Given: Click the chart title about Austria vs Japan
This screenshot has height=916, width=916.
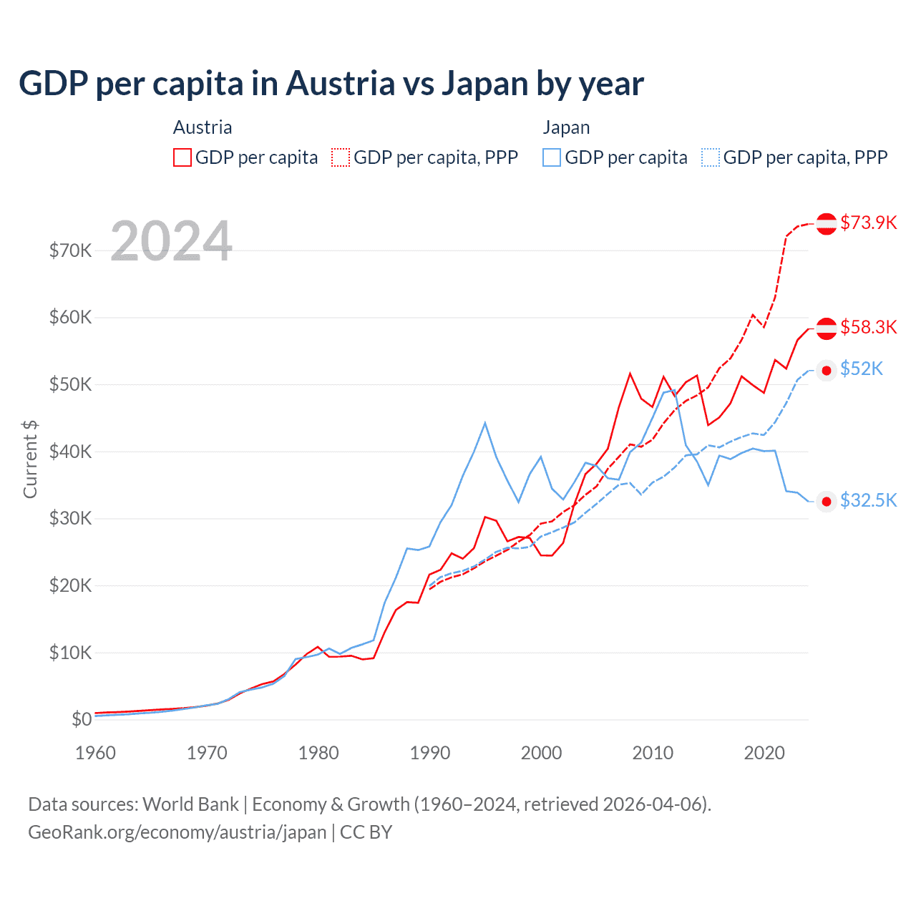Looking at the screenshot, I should (x=331, y=84).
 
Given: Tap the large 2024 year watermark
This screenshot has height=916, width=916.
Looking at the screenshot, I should (x=172, y=241).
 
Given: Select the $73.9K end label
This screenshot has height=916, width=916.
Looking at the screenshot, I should (x=868, y=223).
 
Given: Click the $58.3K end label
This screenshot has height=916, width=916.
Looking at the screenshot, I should (x=868, y=327).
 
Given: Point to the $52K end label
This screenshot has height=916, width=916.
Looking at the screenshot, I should (x=861, y=369).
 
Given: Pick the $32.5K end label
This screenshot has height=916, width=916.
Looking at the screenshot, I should (x=868, y=500).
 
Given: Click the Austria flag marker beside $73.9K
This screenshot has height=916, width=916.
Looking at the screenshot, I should (x=827, y=223).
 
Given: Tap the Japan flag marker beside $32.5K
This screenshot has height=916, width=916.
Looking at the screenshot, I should (x=827, y=501).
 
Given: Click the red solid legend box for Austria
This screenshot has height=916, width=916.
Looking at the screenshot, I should (x=182, y=157).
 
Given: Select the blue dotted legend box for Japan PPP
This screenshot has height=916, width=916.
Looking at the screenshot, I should (x=710, y=157).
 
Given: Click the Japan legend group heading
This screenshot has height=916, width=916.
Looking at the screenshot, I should (x=566, y=127).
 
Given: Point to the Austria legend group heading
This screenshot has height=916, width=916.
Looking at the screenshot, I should (x=203, y=127).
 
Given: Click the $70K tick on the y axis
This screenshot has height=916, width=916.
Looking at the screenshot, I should (x=70, y=250).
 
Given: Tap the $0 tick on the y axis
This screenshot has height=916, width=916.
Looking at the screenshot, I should (x=82, y=719).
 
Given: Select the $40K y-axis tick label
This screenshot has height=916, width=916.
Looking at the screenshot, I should (x=70, y=452).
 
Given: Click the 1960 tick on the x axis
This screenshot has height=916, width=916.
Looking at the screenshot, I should (x=95, y=753).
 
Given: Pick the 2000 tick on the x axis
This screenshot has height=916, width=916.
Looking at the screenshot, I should (x=541, y=753).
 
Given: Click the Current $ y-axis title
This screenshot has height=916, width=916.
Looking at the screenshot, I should (x=30, y=459).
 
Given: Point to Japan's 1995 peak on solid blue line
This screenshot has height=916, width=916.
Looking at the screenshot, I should (x=485, y=423).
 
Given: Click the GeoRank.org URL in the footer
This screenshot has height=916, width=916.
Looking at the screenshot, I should (x=177, y=832).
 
